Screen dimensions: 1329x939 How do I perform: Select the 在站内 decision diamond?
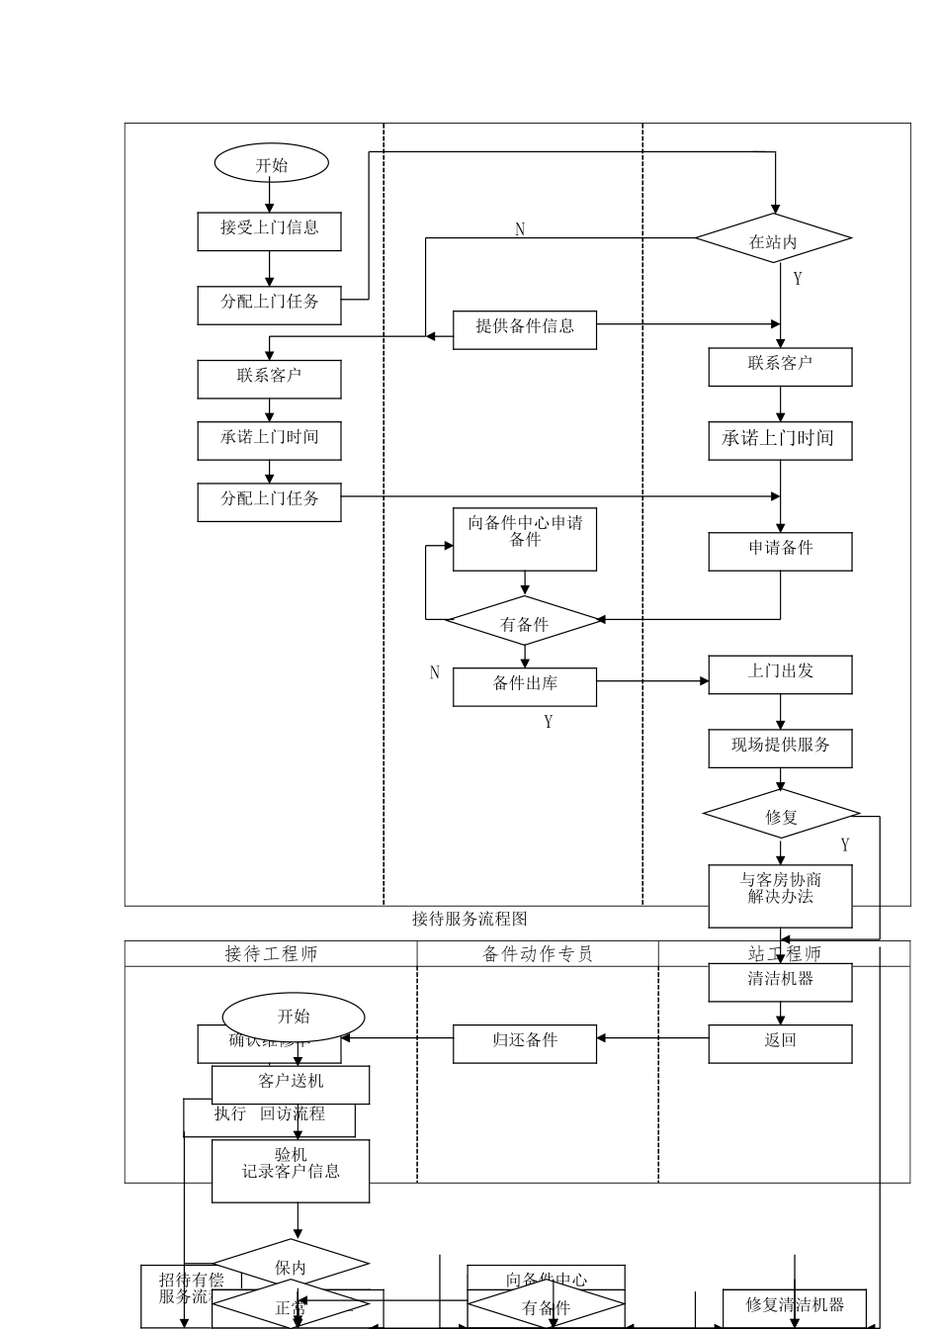[x=773, y=238]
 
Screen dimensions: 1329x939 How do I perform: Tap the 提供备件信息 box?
[x=525, y=329]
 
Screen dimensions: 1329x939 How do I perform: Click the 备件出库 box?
[x=525, y=686]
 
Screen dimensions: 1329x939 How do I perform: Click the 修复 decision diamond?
[x=781, y=815]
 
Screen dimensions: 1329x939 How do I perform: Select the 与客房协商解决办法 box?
[x=780, y=895]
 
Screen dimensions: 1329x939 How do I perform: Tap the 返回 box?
[x=780, y=1043]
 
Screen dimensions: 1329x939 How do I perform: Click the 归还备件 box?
[x=525, y=1043]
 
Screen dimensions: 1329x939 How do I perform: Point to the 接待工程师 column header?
[x=271, y=953]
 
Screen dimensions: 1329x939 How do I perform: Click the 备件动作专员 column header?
[x=538, y=953]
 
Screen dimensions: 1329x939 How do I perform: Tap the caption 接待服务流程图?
[x=469, y=919]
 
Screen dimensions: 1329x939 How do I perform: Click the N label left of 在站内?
[x=520, y=229]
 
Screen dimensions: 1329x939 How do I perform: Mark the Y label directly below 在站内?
[x=798, y=279]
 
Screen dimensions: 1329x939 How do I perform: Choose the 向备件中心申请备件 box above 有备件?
[x=525, y=539]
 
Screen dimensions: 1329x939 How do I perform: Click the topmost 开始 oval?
[x=271, y=164]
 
